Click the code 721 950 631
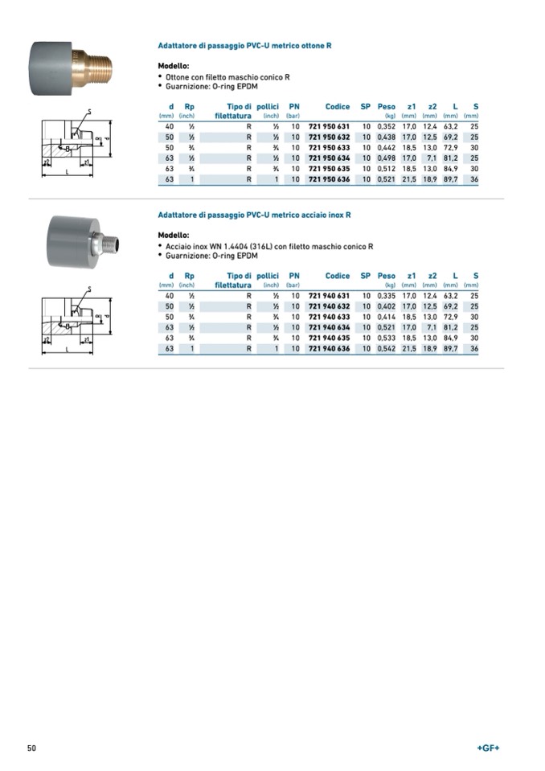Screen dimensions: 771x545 pyautogui.click(x=329, y=127)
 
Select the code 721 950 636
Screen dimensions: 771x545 pyautogui.click(x=329, y=179)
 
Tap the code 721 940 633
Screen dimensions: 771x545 pyautogui.click(x=329, y=318)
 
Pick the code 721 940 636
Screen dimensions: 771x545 pyautogui.click(x=329, y=349)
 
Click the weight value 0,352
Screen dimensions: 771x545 pyautogui.click(x=387, y=127)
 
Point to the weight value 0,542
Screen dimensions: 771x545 pyautogui.click(x=387, y=349)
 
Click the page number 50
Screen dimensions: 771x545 pyautogui.click(x=32, y=748)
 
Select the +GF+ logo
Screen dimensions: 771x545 pyautogui.click(x=488, y=748)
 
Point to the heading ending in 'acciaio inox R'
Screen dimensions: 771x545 pyautogui.click(x=254, y=215)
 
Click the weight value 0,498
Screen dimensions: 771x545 pyautogui.click(x=387, y=158)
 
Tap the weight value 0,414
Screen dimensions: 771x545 pyautogui.click(x=387, y=318)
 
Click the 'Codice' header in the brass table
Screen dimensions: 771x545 pyautogui.click(x=338, y=106)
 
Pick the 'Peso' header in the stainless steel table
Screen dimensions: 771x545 pyautogui.click(x=387, y=276)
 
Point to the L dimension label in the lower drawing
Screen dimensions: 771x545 pyautogui.click(x=68, y=351)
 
